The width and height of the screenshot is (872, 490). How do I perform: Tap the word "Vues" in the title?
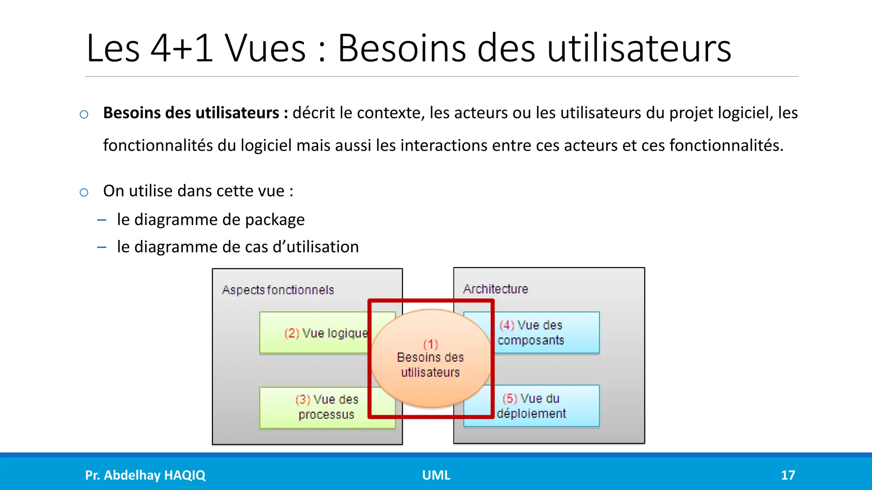pyautogui.click(x=265, y=48)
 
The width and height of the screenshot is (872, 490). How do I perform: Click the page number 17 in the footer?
pyautogui.click(x=788, y=475)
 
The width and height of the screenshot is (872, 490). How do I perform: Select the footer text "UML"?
pyautogui.click(x=436, y=475)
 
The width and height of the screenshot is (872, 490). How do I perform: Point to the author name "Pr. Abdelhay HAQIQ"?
pyautogui.click(x=145, y=475)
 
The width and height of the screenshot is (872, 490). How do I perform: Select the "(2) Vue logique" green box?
pyautogui.click(x=315, y=333)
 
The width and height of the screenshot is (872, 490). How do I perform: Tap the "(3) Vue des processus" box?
pyautogui.click(x=315, y=407)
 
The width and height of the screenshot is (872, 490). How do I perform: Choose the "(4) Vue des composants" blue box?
pyautogui.click(x=549, y=333)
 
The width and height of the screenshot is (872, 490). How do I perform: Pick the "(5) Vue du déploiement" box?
pyautogui.click(x=549, y=406)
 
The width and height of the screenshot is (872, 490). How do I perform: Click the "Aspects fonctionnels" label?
pyautogui.click(x=278, y=290)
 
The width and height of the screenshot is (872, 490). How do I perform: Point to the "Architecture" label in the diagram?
pyautogui.click(x=495, y=289)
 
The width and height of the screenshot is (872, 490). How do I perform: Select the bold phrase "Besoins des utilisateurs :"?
pyautogui.click(x=195, y=113)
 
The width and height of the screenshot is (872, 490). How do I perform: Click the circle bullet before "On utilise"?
pyautogui.click(x=84, y=192)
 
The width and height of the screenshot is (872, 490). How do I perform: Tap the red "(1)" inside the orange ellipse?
pyautogui.click(x=430, y=344)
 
